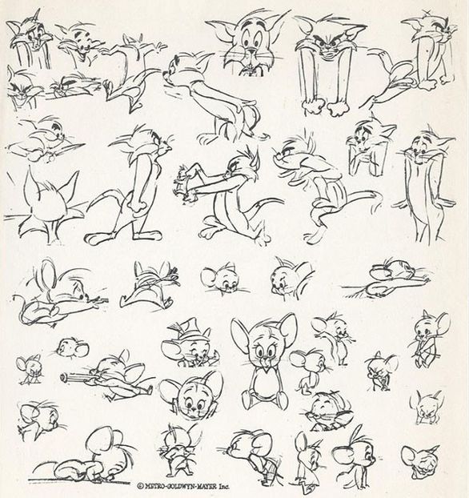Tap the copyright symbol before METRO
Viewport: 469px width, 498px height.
140,486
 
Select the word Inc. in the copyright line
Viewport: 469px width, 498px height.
223,486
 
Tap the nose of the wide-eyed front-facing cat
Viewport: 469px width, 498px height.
251,50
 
